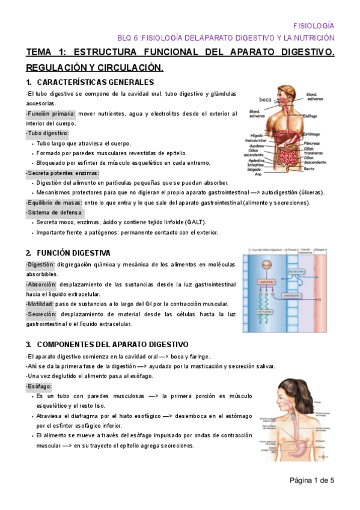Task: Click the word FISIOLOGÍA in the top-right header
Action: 313,26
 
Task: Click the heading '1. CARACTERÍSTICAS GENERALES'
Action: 90,82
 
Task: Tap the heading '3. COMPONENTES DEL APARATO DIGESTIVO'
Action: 107,344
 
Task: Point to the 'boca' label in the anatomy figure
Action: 265,99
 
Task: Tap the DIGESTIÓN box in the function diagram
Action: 266,281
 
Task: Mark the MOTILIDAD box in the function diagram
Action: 265,312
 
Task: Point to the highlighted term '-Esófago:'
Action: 39,386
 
